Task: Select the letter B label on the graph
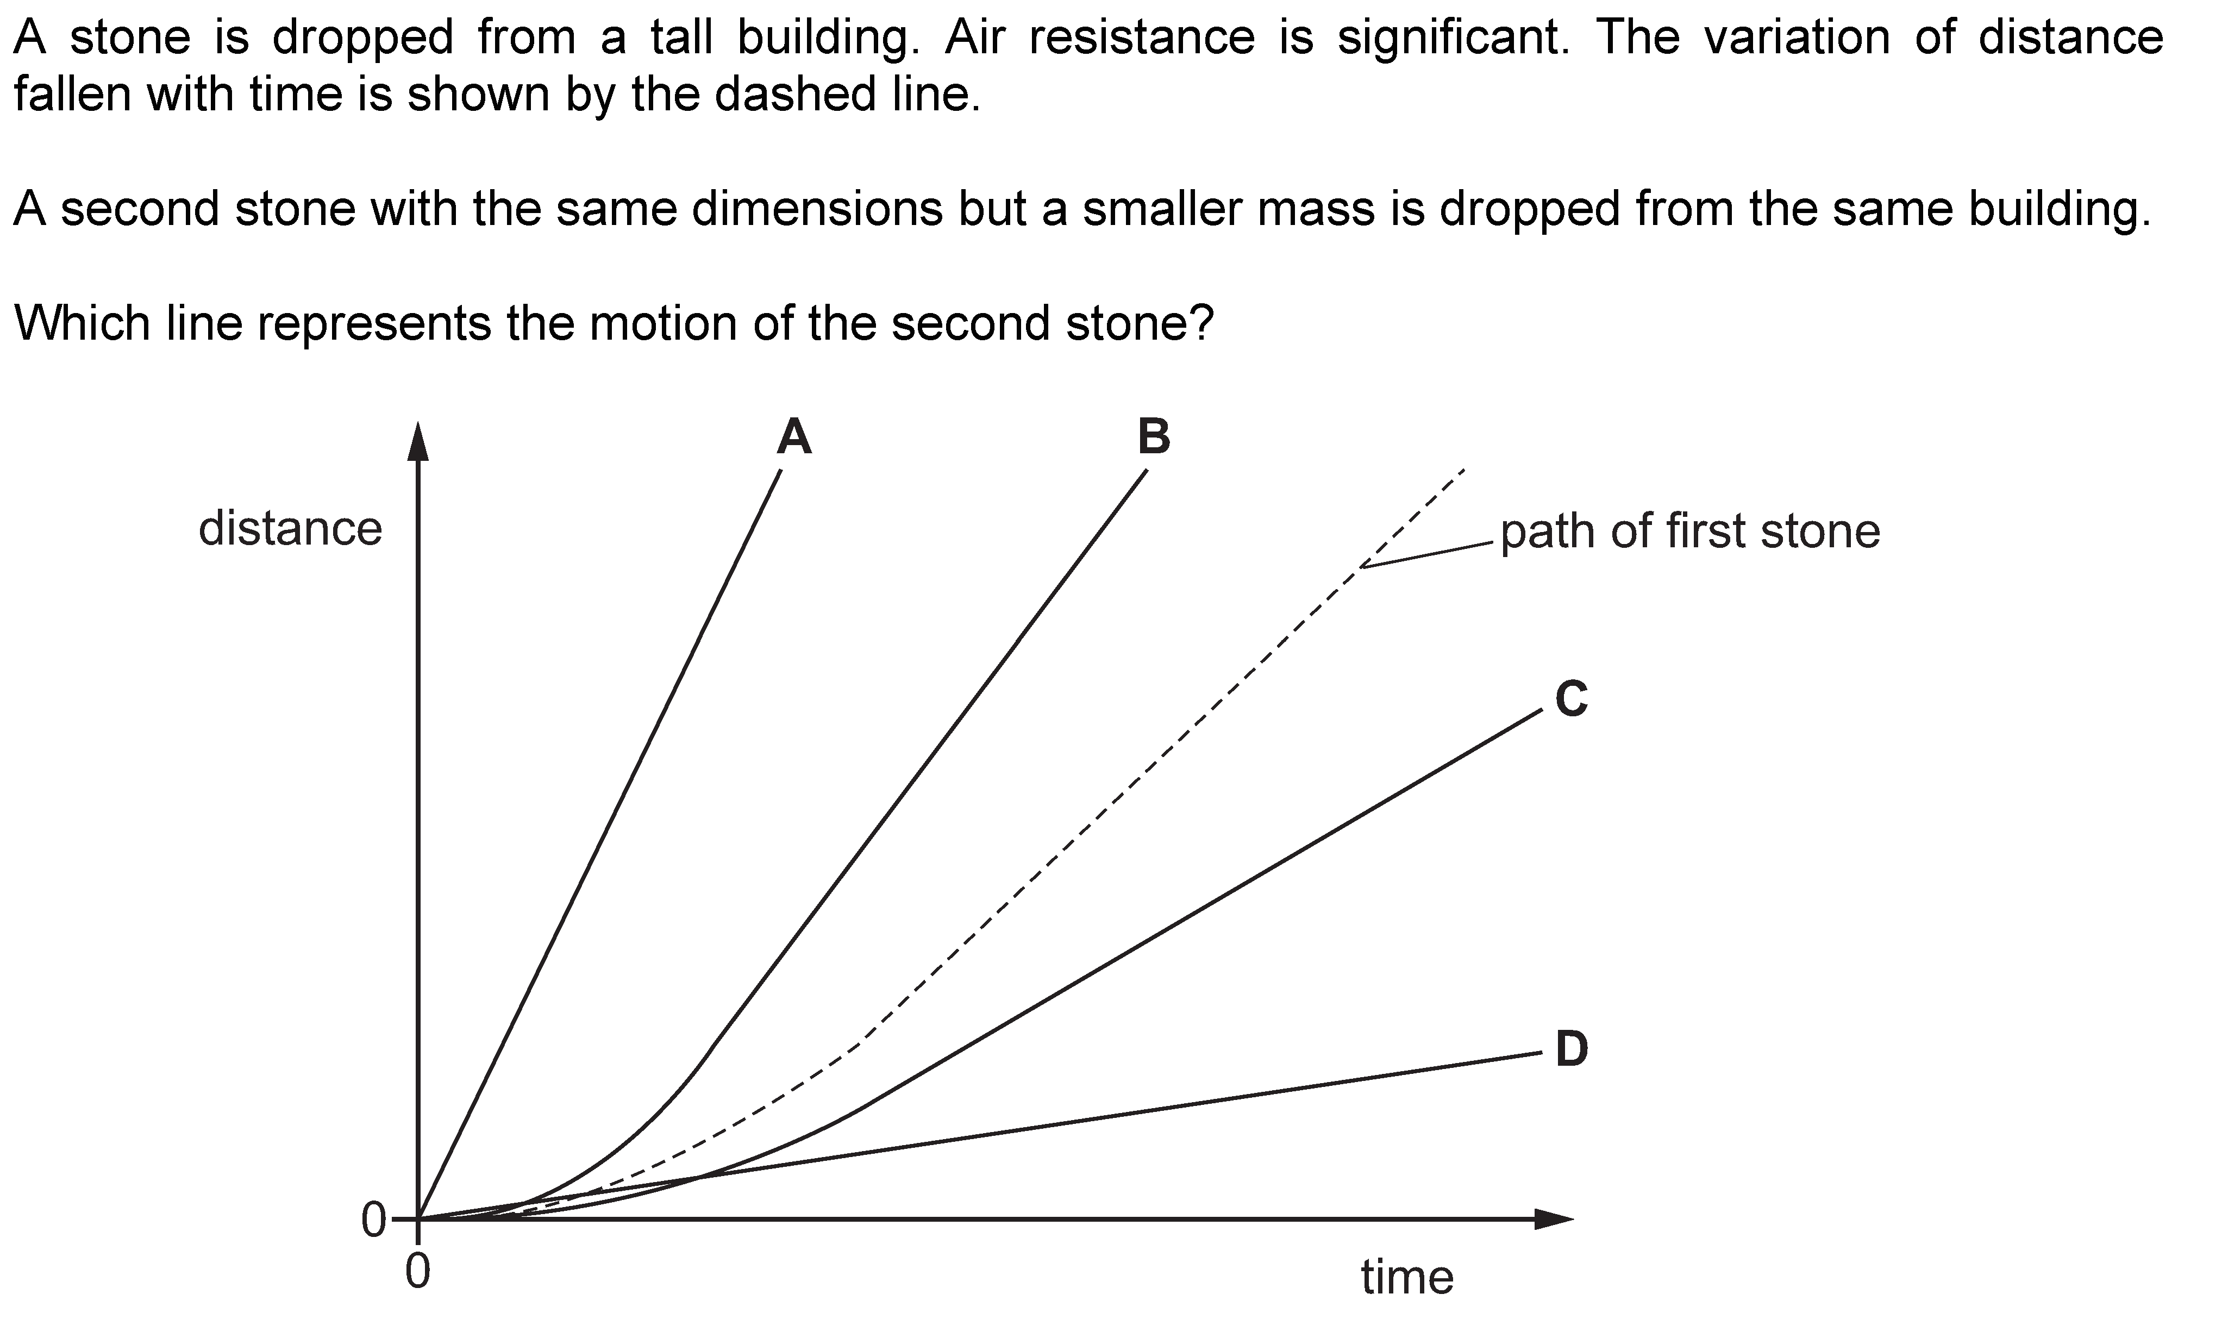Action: tap(1154, 436)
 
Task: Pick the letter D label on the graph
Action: tap(1571, 1049)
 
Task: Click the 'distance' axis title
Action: tap(291, 529)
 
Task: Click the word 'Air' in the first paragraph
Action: tap(975, 38)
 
